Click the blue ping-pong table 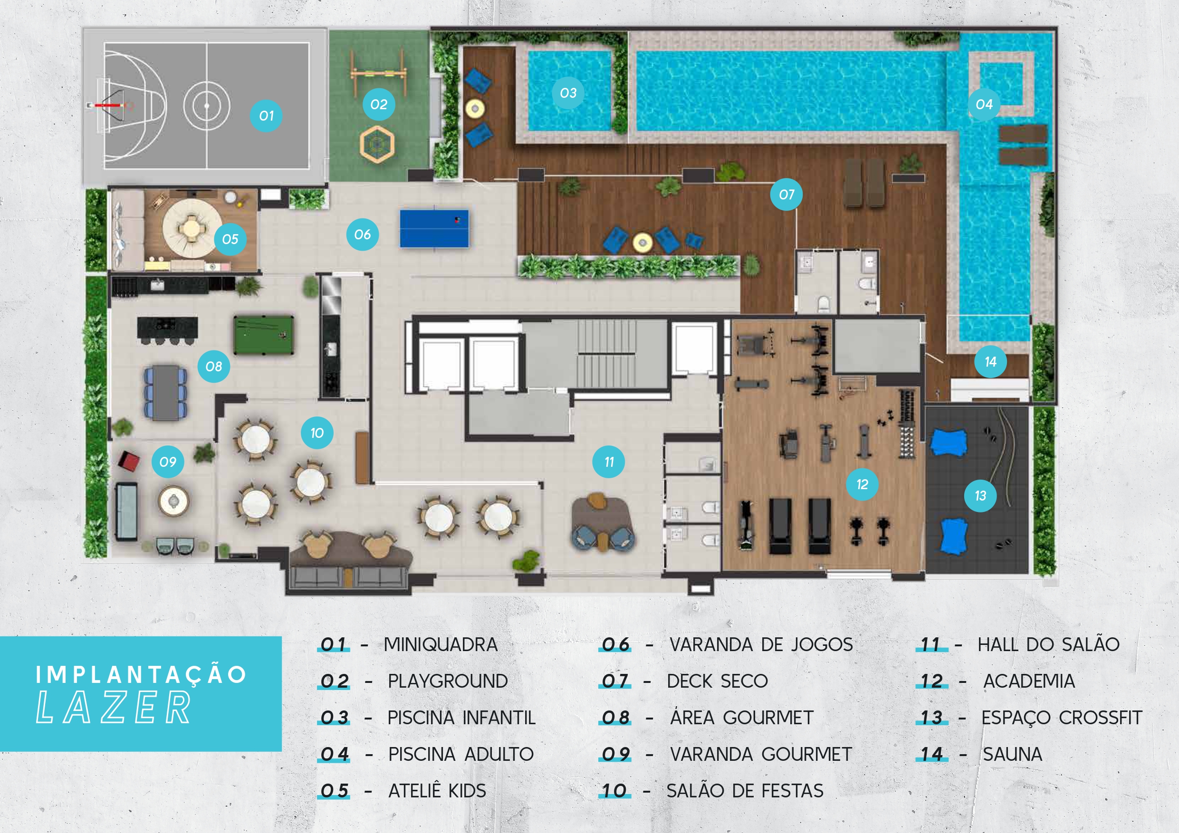[434, 228]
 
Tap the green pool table [263, 335]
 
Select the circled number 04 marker [984, 104]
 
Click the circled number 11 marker [608, 462]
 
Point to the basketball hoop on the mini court [109, 105]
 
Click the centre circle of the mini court [206, 106]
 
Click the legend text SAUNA [1012, 754]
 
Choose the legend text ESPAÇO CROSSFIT [1062, 718]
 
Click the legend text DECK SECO [717, 681]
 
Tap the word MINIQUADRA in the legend [441, 644]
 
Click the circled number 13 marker [980, 496]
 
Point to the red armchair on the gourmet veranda [129, 460]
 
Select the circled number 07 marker [786, 195]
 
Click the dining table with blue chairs [165, 392]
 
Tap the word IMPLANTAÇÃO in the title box [141, 674]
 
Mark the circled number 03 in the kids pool [568, 93]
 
